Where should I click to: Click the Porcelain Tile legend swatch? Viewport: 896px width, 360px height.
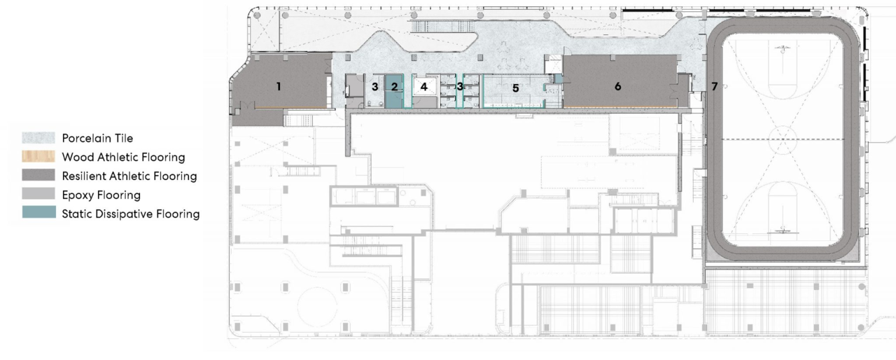(x=38, y=138)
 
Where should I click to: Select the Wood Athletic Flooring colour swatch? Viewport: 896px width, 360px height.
(x=38, y=156)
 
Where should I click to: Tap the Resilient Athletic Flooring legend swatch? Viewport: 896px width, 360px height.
(x=38, y=175)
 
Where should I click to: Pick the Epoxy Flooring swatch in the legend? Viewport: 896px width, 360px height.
(x=38, y=194)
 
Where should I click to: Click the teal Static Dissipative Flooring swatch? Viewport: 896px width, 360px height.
(x=38, y=212)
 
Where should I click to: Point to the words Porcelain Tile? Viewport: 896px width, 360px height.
(x=97, y=139)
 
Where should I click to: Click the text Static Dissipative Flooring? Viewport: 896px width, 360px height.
(x=130, y=214)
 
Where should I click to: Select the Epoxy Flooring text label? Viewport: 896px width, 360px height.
(x=101, y=195)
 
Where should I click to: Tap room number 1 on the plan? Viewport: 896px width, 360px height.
(x=279, y=86)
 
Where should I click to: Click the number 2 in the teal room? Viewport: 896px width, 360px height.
(x=394, y=87)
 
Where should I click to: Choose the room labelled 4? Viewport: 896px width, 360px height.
(x=423, y=86)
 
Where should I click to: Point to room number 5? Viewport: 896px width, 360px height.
(x=516, y=88)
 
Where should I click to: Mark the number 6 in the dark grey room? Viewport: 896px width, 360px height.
(x=617, y=86)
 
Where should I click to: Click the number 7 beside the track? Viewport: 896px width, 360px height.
(x=715, y=86)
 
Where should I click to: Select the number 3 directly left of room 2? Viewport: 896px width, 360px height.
(x=374, y=87)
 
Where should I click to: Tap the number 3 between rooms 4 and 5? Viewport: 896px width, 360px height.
(x=460, y=86)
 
